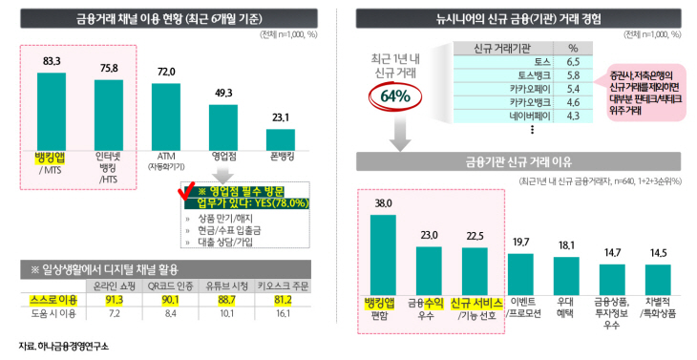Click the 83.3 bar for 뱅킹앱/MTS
coord(52,105)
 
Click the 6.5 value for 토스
coord(572,59)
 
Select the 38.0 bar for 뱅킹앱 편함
coord(383,253)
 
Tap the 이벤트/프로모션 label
coord(521,307)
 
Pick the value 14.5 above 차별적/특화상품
coord(658,252)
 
